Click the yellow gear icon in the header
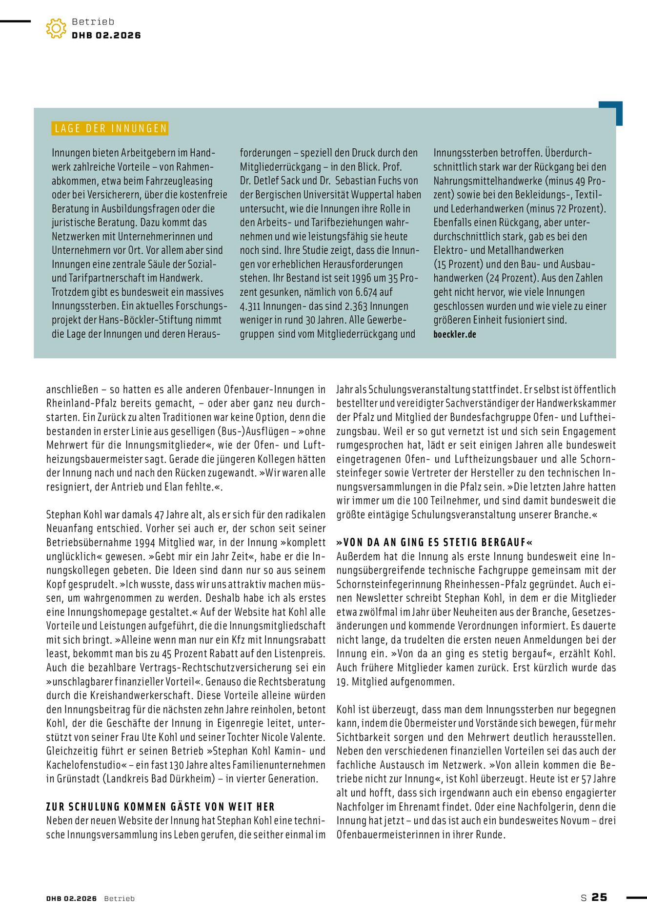pos(56,28)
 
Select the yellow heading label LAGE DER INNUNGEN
pos(110,128)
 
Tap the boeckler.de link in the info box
pos(454,334)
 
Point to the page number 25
pos(600,897)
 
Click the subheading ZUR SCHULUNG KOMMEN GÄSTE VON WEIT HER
pos(161,807)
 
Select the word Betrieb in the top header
pos(93,21)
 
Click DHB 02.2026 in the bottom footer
pos(71,898)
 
